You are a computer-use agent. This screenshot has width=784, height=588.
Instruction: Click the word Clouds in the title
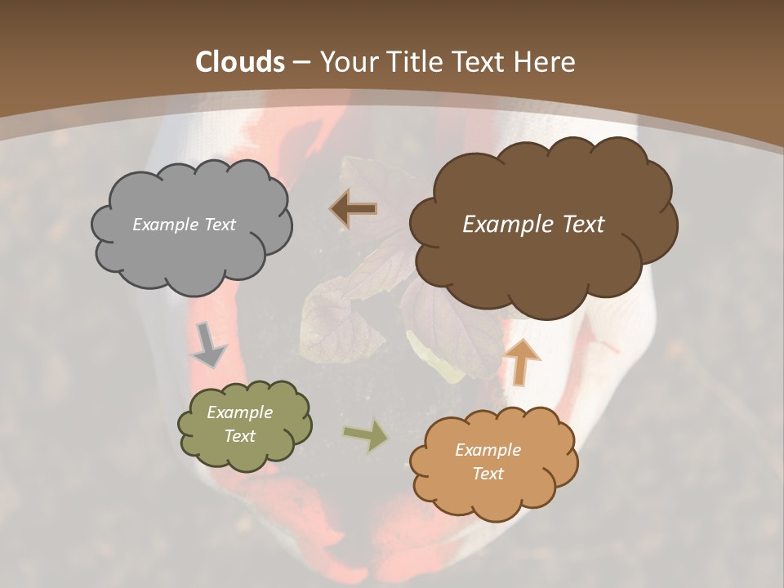coord(241,62)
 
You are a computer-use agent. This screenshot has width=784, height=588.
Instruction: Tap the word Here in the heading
coord(546,62)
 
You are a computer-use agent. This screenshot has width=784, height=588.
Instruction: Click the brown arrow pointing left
coord(354,209)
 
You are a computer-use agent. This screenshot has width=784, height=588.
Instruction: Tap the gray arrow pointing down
coord(209,344)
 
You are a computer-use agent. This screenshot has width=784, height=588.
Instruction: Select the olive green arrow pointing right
coord(366,434)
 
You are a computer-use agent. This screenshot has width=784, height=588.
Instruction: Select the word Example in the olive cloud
coord(240,412)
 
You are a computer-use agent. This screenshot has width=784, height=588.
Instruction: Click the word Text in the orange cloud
coord(488,474)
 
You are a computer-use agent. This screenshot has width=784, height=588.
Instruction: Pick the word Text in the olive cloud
coord(240,436)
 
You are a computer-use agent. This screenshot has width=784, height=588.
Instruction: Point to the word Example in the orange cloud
coord(488,450)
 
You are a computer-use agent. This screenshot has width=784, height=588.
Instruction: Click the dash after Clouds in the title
coord(301,62)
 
